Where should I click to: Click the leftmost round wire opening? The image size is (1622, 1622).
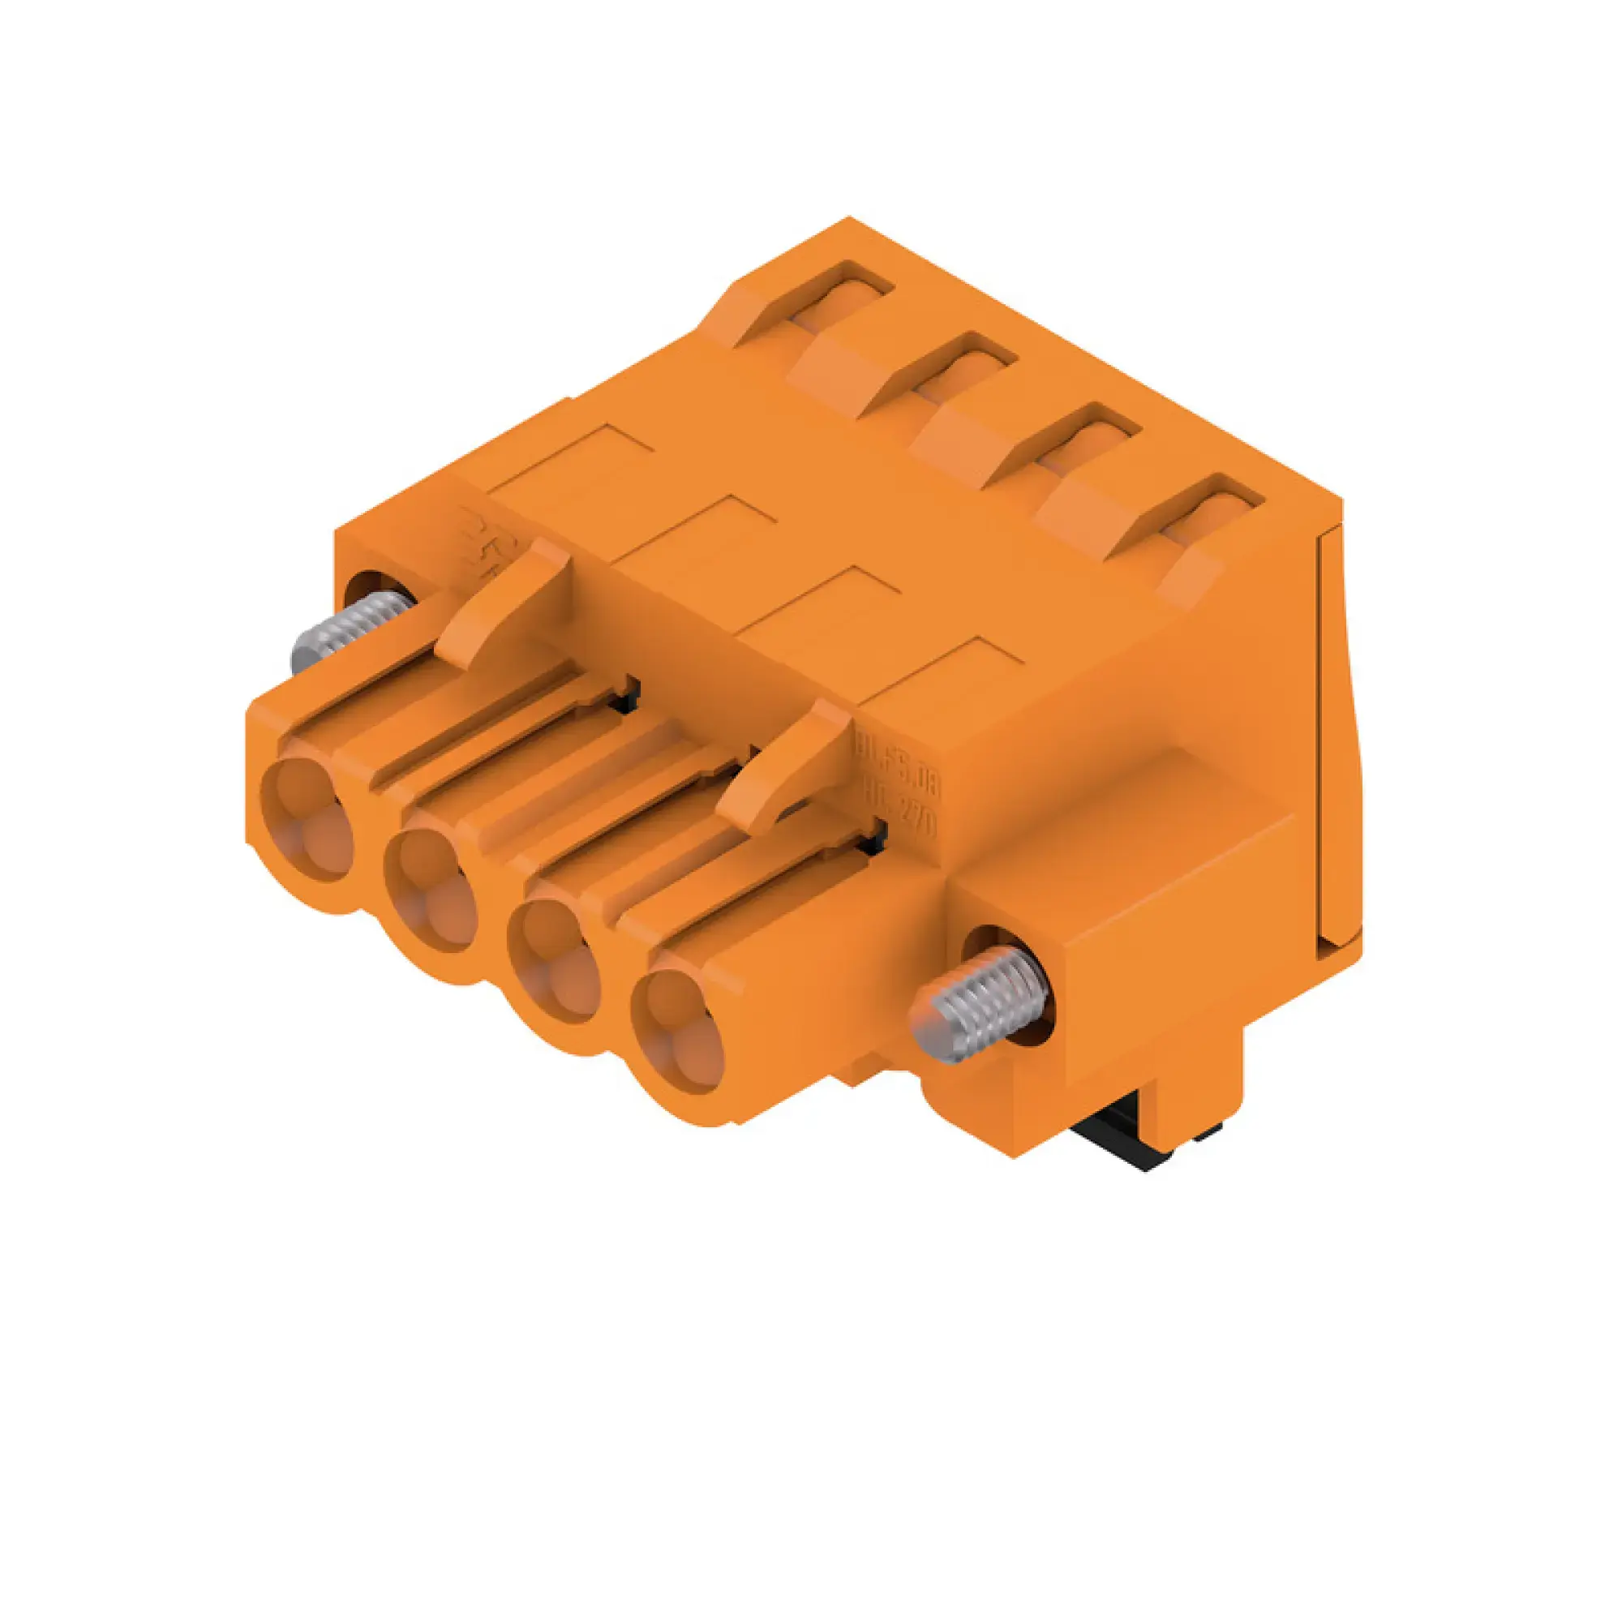[x=306, y=819]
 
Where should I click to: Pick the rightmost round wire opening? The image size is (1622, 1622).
[x=677, y=1032]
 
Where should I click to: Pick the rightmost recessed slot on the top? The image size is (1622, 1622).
[x=1213, y=512]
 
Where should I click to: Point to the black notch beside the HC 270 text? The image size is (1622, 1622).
[x=879, y=831]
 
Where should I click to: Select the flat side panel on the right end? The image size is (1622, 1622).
[x=1339, y=739]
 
